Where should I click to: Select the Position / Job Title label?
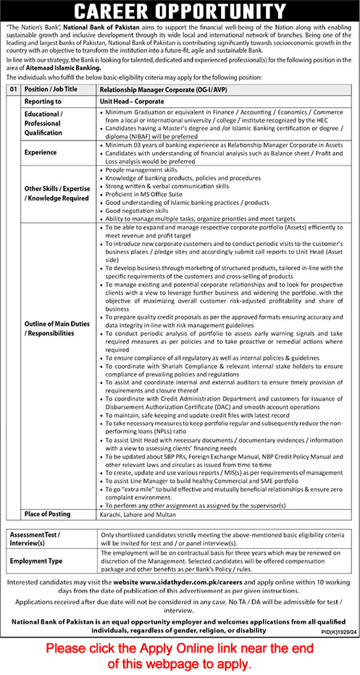click(x=51, y=88)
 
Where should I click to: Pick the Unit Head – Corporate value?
click(x=132, y=102)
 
